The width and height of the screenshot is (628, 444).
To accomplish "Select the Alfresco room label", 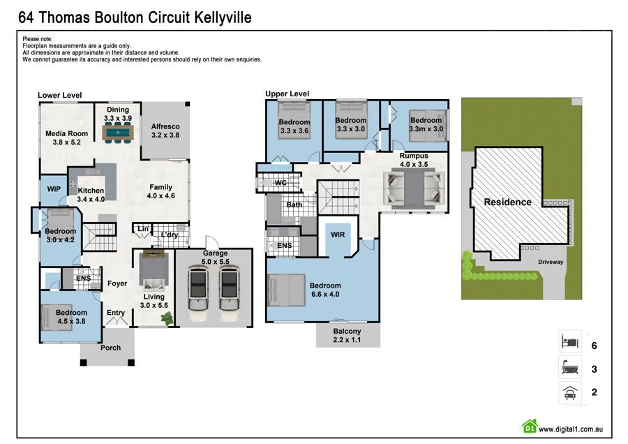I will (x=165, y=131).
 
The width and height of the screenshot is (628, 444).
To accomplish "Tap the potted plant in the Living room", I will (x=167, y=318).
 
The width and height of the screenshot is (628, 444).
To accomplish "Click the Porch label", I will (x=110, y=348).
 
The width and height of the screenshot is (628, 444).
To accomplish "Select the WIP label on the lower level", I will (x=54, y=189).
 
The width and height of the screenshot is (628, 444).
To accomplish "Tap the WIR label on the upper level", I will (x=338, y=235).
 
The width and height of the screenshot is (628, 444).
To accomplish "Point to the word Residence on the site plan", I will (x=508, y=202).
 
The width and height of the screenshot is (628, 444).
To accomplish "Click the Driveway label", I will (x=551, y=262).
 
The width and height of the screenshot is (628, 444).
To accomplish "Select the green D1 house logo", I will (x=530, y=426).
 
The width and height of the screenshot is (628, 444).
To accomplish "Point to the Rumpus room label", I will (x=413, y=160).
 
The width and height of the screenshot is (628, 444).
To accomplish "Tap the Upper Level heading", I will (x=287, y=94).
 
